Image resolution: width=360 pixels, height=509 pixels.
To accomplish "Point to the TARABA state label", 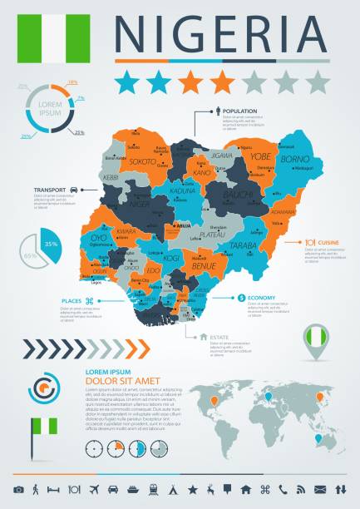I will [x=243, y=246].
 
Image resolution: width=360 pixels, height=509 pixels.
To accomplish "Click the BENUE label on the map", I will [x=204, y=266].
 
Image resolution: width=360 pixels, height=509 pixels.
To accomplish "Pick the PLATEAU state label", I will [x=213, y=235].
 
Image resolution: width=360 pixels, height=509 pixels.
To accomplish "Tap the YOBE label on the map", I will [x=260, y=155].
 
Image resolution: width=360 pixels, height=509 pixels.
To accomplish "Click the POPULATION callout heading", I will [x=239, y=111].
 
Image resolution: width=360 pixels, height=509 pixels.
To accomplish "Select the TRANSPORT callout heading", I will [x=49, y=190].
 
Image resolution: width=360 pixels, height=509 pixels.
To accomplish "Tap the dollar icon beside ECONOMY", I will [x=240, y=298].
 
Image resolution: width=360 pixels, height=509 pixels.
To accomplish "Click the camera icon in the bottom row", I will [x=18, y=487].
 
